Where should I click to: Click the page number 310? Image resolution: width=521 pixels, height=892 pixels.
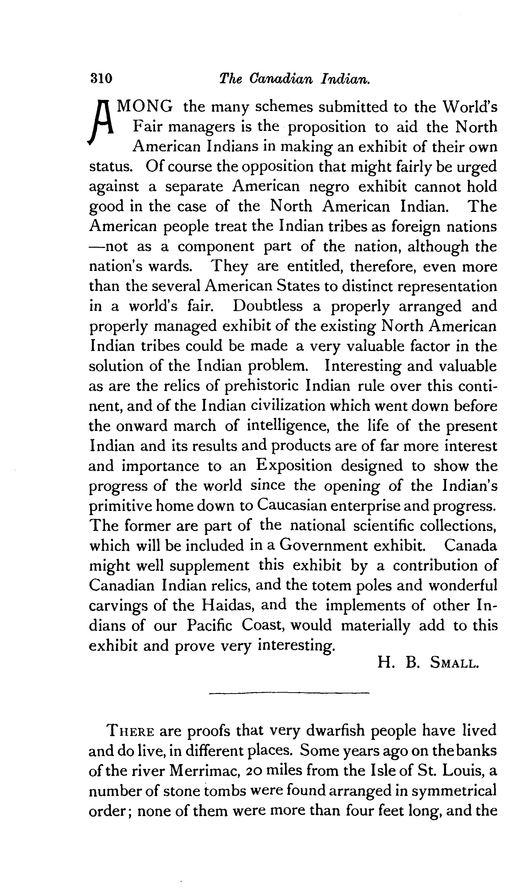click(101, 78)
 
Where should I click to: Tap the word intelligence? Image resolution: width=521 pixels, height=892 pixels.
click(287, 426)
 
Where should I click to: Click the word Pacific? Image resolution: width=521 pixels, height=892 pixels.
click(209, 625)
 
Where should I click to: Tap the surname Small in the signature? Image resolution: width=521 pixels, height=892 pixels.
click(454, 662)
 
